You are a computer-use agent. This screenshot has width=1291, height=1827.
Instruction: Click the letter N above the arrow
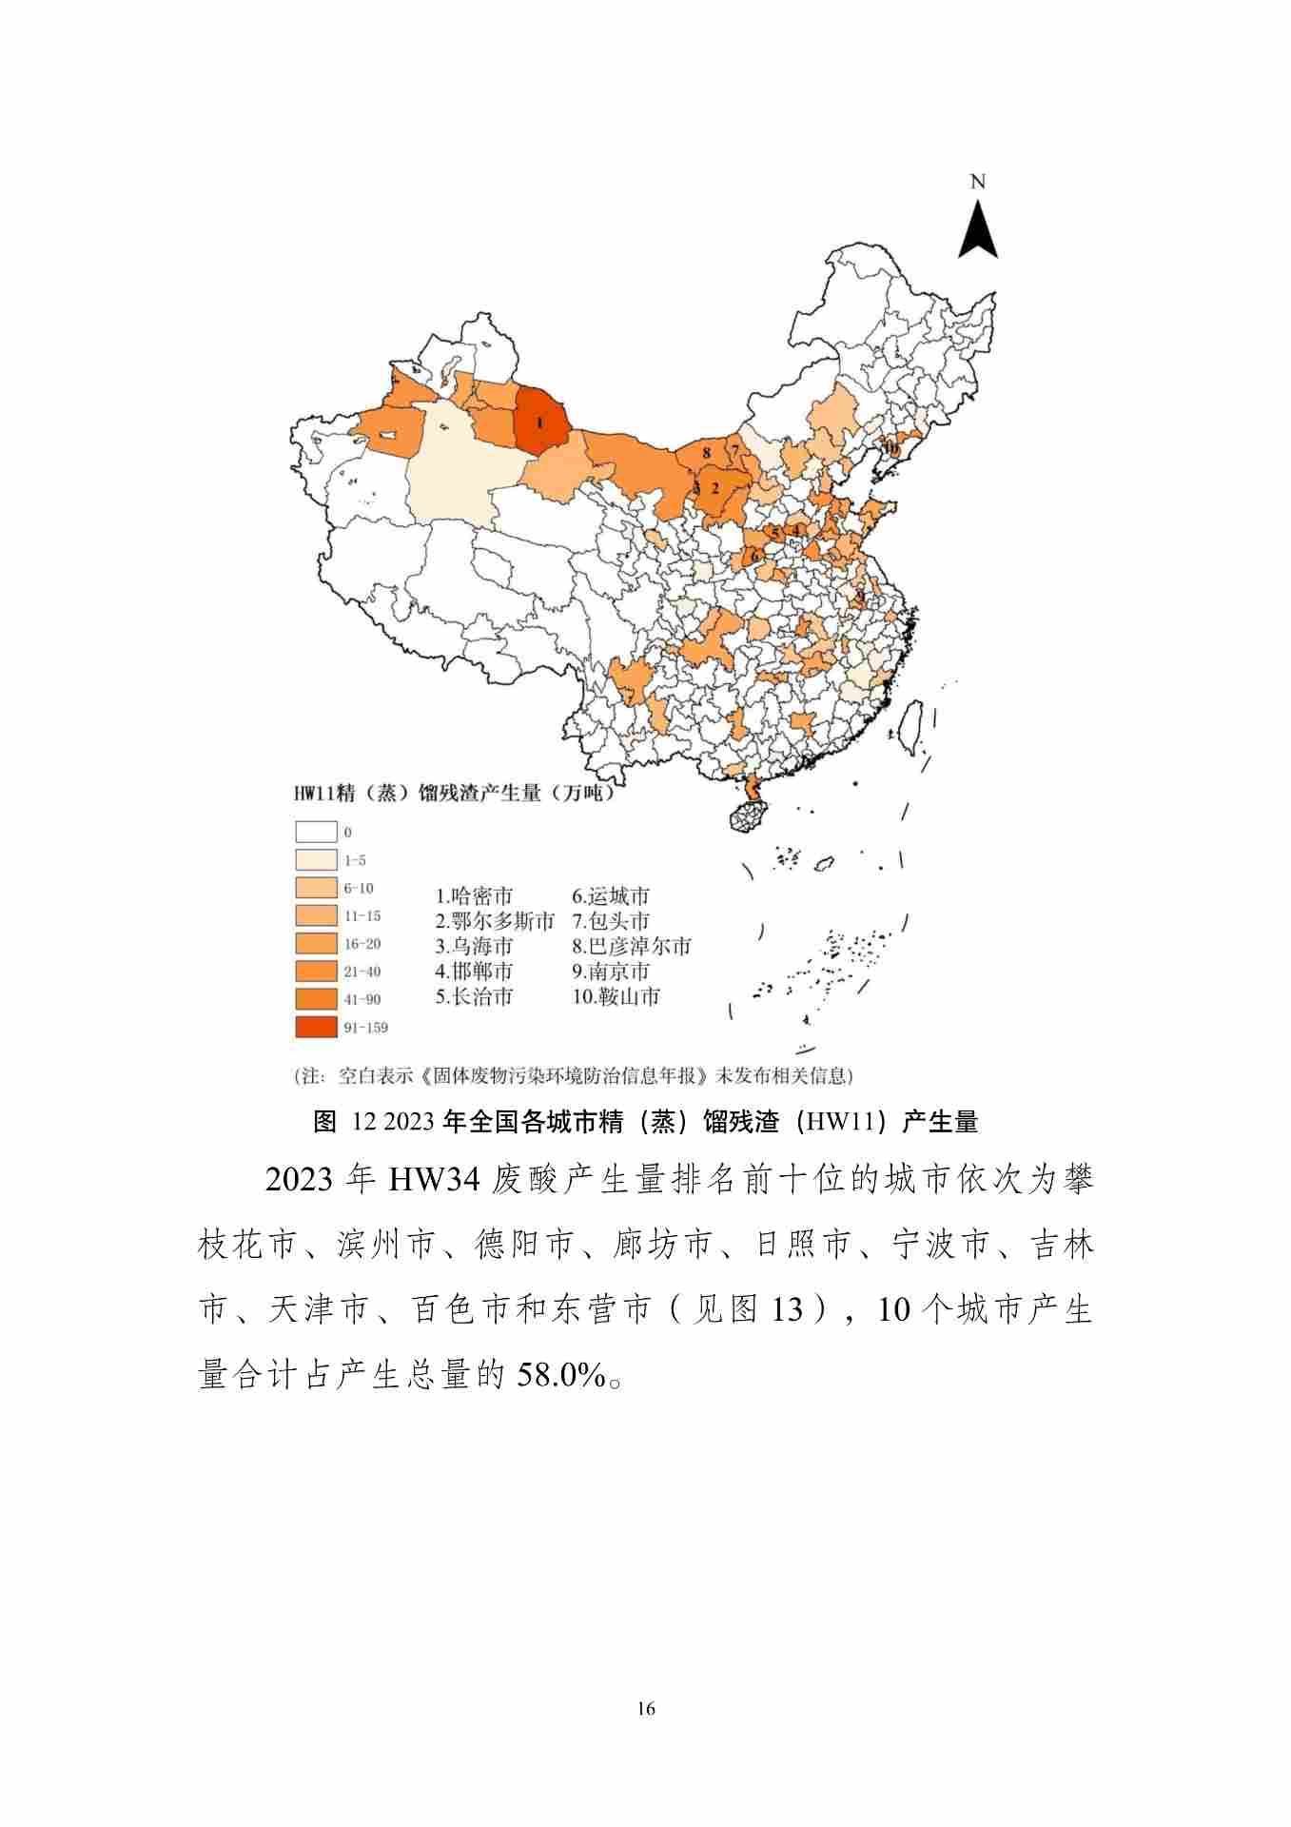click(977, 182)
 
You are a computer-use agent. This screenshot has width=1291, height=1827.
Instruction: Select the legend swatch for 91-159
click(316, 1027)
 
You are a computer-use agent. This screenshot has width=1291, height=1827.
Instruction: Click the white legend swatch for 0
click(316, 832)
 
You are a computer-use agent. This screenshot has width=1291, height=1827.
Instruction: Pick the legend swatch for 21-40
click(316, 971)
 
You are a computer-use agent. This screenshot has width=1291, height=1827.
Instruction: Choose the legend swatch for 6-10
click(316, 888)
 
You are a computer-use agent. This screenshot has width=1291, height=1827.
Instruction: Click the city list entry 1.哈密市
click(474, 896)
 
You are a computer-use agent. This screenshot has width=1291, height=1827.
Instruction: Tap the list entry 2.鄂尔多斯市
click(495, 921)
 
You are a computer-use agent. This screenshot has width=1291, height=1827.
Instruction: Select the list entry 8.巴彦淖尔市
click(632, 947)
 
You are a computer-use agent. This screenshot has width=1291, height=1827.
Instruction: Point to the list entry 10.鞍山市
click(616, 996)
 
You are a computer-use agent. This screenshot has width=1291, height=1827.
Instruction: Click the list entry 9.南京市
click(611, 972)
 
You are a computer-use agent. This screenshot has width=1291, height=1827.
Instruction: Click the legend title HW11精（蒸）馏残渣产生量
click(453, 793)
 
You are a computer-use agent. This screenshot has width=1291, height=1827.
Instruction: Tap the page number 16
click(646, 1708)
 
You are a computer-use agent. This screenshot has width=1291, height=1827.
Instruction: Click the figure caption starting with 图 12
click(645, 1122)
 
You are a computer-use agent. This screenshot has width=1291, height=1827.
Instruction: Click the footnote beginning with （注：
click(574, 1076)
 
